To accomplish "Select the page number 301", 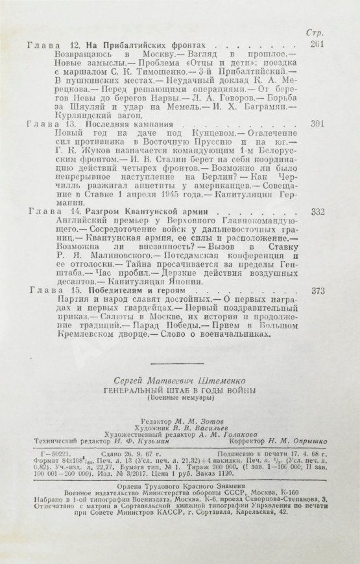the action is (318, 123).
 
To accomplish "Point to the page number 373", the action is (318, 291).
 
